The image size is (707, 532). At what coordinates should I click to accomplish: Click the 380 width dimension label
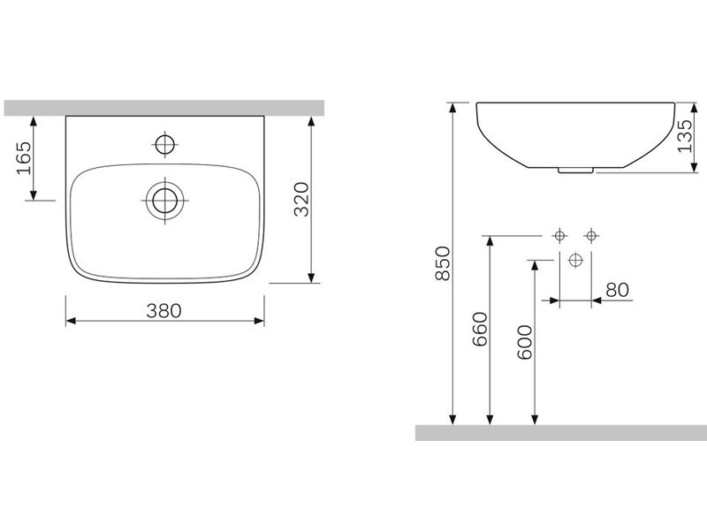point(163,311)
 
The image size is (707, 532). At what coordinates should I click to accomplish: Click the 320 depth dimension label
point(301,199)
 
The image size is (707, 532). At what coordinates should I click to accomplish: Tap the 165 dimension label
point(24,158)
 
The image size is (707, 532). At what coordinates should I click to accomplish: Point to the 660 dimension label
point(480,329)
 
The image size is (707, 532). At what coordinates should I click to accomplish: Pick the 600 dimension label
point(524,343)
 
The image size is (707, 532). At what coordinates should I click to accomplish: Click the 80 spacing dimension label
point(617,290)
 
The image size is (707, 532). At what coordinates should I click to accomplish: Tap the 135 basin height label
point(684,136)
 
